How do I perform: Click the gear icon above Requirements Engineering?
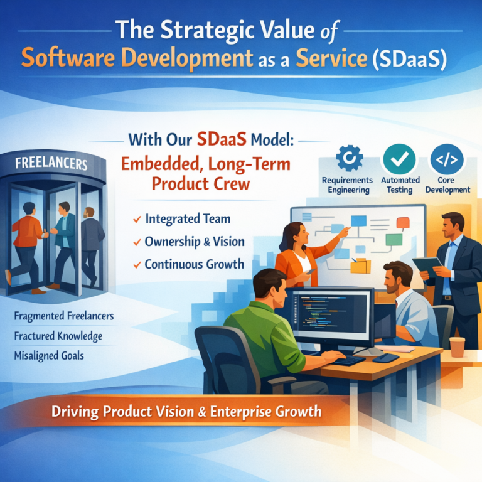[349, 158]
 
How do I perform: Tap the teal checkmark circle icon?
[399, 159]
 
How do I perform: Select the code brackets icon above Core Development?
[447, 159]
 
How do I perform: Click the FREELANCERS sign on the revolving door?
[51, 163]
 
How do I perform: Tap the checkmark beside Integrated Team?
[137, 219]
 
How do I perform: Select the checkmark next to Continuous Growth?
[137, 265]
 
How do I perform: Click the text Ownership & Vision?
[195, 242]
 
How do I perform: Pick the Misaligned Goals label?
[49, 356]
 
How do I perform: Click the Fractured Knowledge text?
[58, 336]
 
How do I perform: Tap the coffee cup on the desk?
[457, 347]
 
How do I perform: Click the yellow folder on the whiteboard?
[361, 266]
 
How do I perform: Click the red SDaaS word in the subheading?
[222, 139]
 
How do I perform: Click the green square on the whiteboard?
[394, 240]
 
